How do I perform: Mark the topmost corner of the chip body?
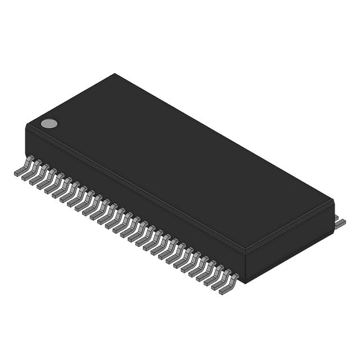click(x=115, y=73)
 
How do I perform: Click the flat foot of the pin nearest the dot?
click(x=19, y=174)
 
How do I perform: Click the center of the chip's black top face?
click(x=180, y=160)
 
